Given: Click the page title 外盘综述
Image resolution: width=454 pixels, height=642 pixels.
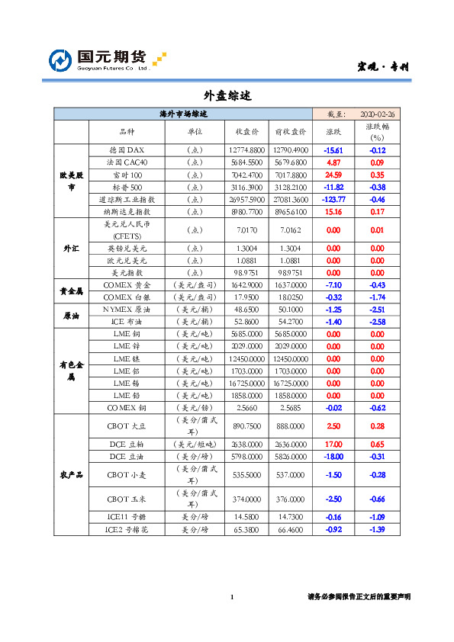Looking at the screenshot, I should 227,96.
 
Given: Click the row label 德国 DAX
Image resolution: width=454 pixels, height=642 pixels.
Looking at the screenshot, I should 127,150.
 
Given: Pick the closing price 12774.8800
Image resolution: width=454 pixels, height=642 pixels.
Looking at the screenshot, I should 246,150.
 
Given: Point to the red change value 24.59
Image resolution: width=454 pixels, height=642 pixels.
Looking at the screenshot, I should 333,175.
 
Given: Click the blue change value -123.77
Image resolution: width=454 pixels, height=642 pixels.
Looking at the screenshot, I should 333,199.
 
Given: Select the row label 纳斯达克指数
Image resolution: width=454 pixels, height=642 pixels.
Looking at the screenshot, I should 127,211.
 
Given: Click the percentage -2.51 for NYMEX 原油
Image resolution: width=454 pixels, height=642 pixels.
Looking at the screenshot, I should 377,310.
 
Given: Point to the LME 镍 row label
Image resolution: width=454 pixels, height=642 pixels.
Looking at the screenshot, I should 127,358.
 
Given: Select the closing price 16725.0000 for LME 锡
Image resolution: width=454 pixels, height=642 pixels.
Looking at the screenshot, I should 246,383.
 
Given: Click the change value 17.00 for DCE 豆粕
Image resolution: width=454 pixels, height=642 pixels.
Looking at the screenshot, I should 333,444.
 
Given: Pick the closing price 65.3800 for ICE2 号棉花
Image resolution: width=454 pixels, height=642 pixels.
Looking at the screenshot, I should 246,529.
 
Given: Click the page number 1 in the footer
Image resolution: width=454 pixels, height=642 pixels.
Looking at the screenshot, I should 231,596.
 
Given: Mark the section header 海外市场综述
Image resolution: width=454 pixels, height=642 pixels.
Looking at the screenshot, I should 183,114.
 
